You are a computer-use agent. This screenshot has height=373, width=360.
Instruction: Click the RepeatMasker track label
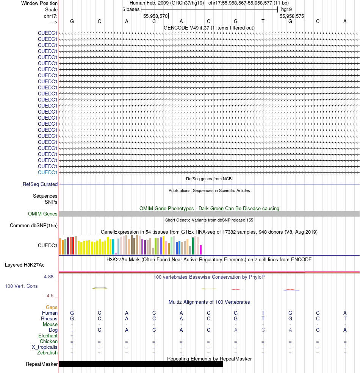(x=42, y=364)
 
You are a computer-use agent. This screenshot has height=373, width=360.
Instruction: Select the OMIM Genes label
(x=43, y=214)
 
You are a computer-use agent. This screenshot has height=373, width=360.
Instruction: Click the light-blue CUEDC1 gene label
(x=47, y=172)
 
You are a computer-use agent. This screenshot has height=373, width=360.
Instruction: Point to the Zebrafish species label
(x=47, y=353)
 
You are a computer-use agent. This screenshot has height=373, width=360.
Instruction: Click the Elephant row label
(x=48, y=336)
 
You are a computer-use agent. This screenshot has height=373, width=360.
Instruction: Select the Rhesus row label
(x=49, y=319)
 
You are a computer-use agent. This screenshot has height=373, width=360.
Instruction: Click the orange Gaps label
(x=52, y=307)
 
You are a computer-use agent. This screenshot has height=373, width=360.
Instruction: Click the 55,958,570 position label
(x=155, y=16)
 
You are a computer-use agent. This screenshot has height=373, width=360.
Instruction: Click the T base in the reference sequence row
(x=263, y=21)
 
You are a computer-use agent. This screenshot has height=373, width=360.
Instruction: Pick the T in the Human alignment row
(x=263, y=313)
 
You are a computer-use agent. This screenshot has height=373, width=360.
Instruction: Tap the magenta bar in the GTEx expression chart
(x=200, y=250)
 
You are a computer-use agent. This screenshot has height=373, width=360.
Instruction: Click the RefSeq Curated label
(x=40, y=184)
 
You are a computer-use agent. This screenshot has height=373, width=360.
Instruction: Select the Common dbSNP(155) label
(x=34, y=226)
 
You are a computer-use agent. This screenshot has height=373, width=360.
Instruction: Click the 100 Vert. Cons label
(x=21, y=286)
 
